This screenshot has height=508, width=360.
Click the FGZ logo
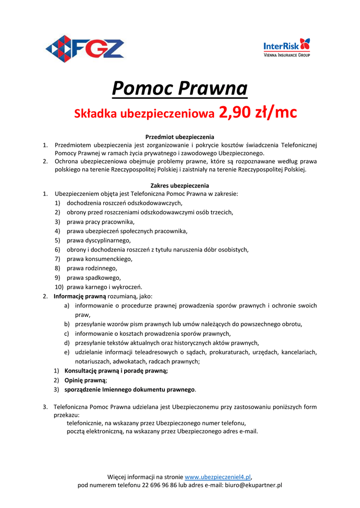85,49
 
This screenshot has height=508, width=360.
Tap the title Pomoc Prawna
180,89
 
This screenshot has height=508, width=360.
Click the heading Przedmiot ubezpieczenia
180,136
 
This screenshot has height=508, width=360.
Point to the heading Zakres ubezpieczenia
180,186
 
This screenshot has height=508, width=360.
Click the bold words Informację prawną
79,296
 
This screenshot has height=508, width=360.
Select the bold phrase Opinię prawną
85,380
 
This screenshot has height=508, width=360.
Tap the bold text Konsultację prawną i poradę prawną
116,371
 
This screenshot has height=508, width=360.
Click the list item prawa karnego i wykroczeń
104,287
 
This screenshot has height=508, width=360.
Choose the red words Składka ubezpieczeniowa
144,114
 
